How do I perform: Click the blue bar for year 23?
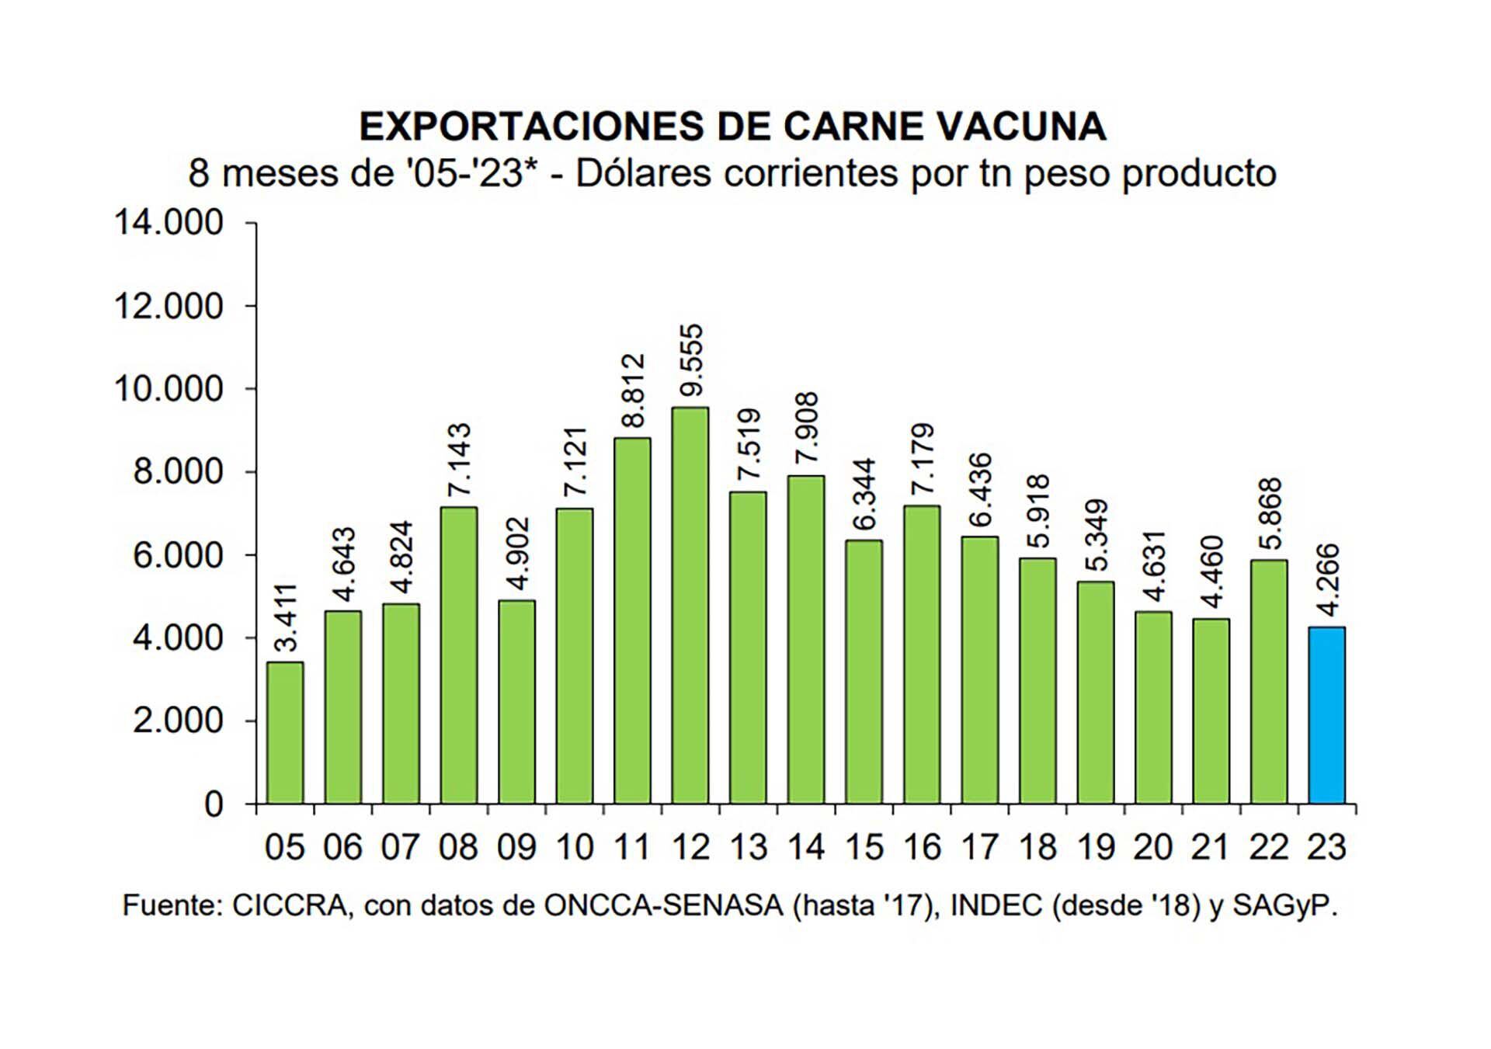point(1326,714)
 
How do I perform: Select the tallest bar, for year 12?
point(690,606)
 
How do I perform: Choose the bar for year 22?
point(1269,681)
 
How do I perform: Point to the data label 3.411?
point(287,617)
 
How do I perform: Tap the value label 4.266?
point(1328,581)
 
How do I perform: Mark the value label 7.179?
point(923,459)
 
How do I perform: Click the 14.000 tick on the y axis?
point(169,223)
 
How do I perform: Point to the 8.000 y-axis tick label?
point(178,472)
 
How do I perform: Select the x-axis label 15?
point(864,847)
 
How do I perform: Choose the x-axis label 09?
point(516,847)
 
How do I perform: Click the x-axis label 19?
point(1096,847)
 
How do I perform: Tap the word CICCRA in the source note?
point(289,906)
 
